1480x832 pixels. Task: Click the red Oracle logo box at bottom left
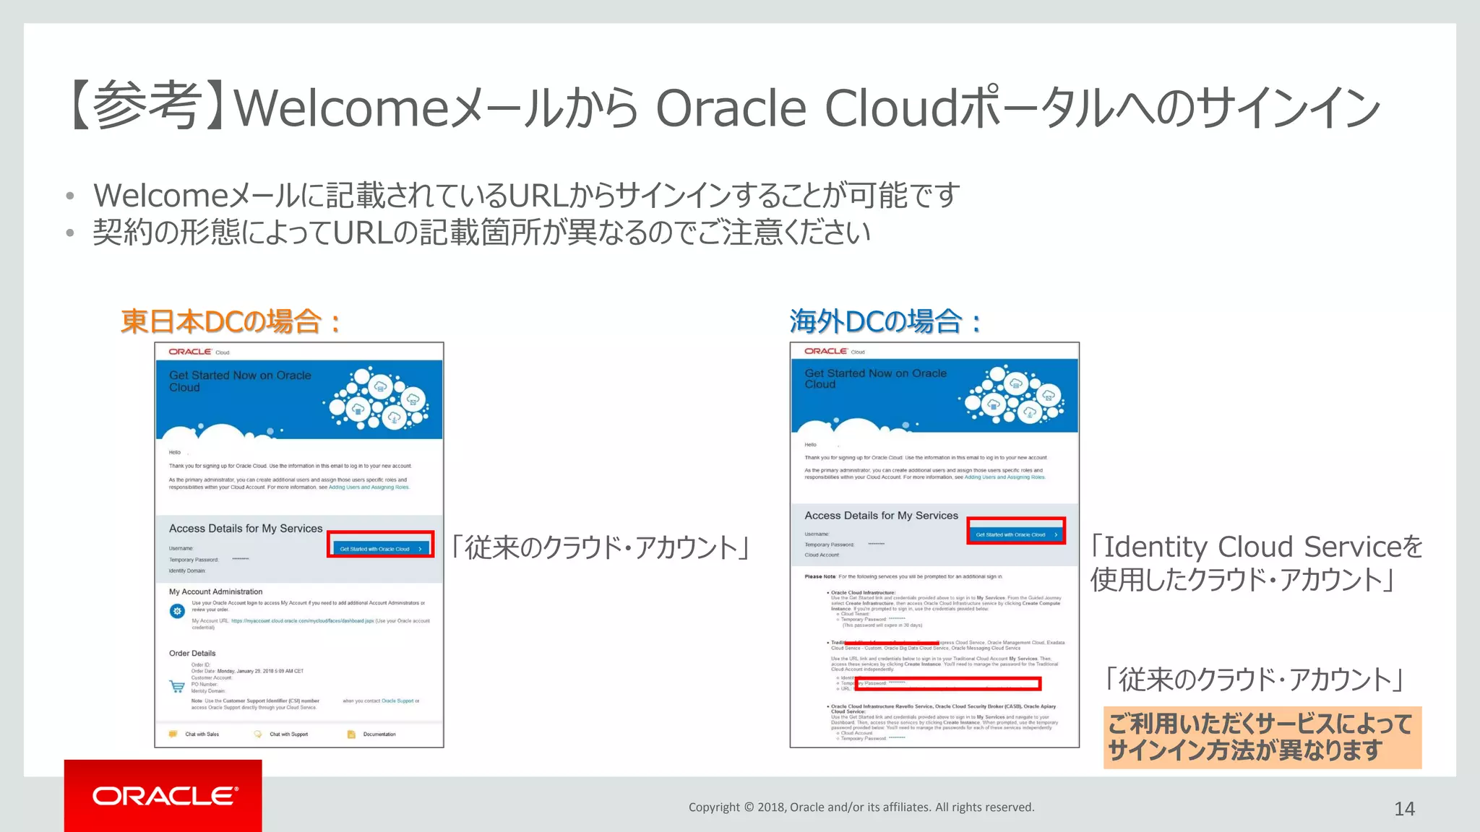coord(163,795)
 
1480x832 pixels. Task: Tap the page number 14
coord(1404,809)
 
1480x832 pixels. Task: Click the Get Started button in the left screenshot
coord(380,549)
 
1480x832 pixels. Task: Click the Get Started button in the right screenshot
coord(1015,534)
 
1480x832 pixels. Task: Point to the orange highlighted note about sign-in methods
coord(1261,737)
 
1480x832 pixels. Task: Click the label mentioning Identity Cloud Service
coord(1256,563)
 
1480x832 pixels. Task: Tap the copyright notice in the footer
coord(861,807)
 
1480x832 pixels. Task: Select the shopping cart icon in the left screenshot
coord(177,686)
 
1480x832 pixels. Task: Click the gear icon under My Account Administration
coord(177,611)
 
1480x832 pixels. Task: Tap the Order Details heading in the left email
coord(192,653)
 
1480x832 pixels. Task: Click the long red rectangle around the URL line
coord(947,683)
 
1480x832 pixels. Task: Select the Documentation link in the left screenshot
coord(379,734)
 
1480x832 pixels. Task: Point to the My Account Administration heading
coord(215,591)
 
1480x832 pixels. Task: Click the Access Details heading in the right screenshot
coord(881,516)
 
